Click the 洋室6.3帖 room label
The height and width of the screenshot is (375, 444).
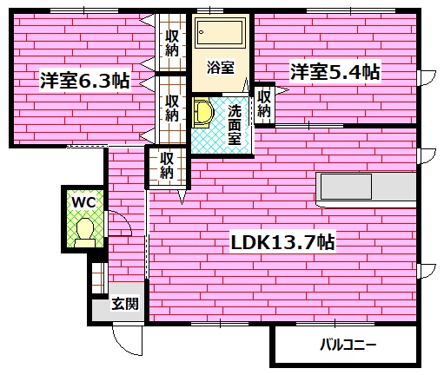[84, 82]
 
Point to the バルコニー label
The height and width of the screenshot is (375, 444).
[348, 345]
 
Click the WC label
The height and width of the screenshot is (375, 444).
[83, 201]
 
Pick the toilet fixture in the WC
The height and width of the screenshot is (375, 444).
[84, 231]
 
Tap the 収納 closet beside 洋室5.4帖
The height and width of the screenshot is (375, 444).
[264, 103]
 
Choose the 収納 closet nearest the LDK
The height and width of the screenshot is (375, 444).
[166, 165]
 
